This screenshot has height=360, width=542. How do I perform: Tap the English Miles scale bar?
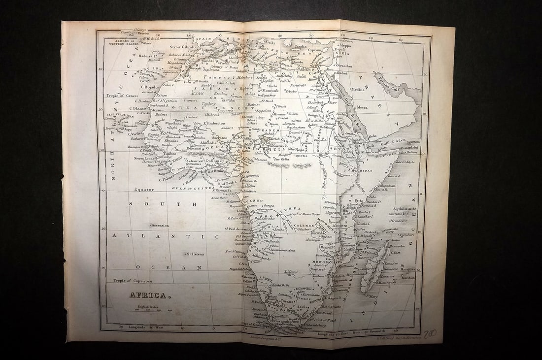click(151, 310)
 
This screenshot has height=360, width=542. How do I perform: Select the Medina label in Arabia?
click(358, 90)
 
